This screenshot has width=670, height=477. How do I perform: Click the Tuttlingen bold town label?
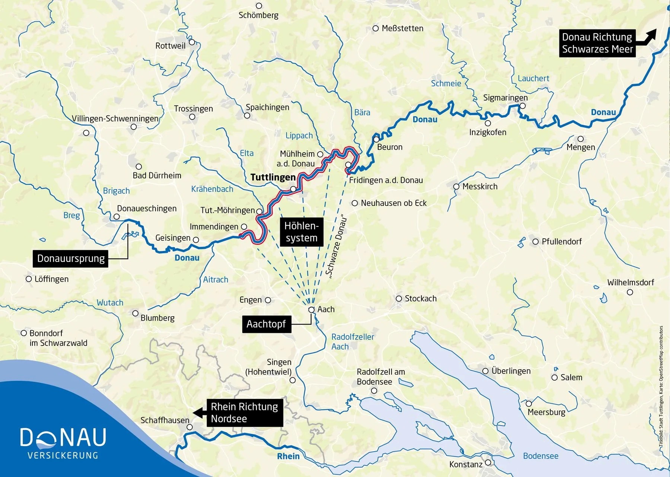point(273,177)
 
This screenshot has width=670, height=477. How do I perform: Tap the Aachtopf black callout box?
point(266,324)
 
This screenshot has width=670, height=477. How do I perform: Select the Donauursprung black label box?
point(71,259)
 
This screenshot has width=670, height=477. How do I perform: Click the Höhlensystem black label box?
point(301,232)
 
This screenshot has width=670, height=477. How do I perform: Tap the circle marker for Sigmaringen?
point(523,106)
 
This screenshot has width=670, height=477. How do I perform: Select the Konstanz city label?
point(466,465)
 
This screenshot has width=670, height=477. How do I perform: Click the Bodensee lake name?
point(540,456)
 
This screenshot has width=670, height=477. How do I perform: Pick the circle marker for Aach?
point(312,310)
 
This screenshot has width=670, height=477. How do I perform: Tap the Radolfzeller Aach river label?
point(352,342)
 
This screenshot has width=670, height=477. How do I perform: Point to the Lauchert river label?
point(533,79)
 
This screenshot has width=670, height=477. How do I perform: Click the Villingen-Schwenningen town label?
point(115,119)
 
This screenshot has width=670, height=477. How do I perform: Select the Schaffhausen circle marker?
point(189,427)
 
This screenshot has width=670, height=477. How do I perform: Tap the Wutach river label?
point(110,303)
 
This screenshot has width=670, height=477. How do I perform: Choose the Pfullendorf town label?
point(561,242)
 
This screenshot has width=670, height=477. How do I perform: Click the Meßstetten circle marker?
point(376,29)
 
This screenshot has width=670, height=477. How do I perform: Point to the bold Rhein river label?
point(288,457)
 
